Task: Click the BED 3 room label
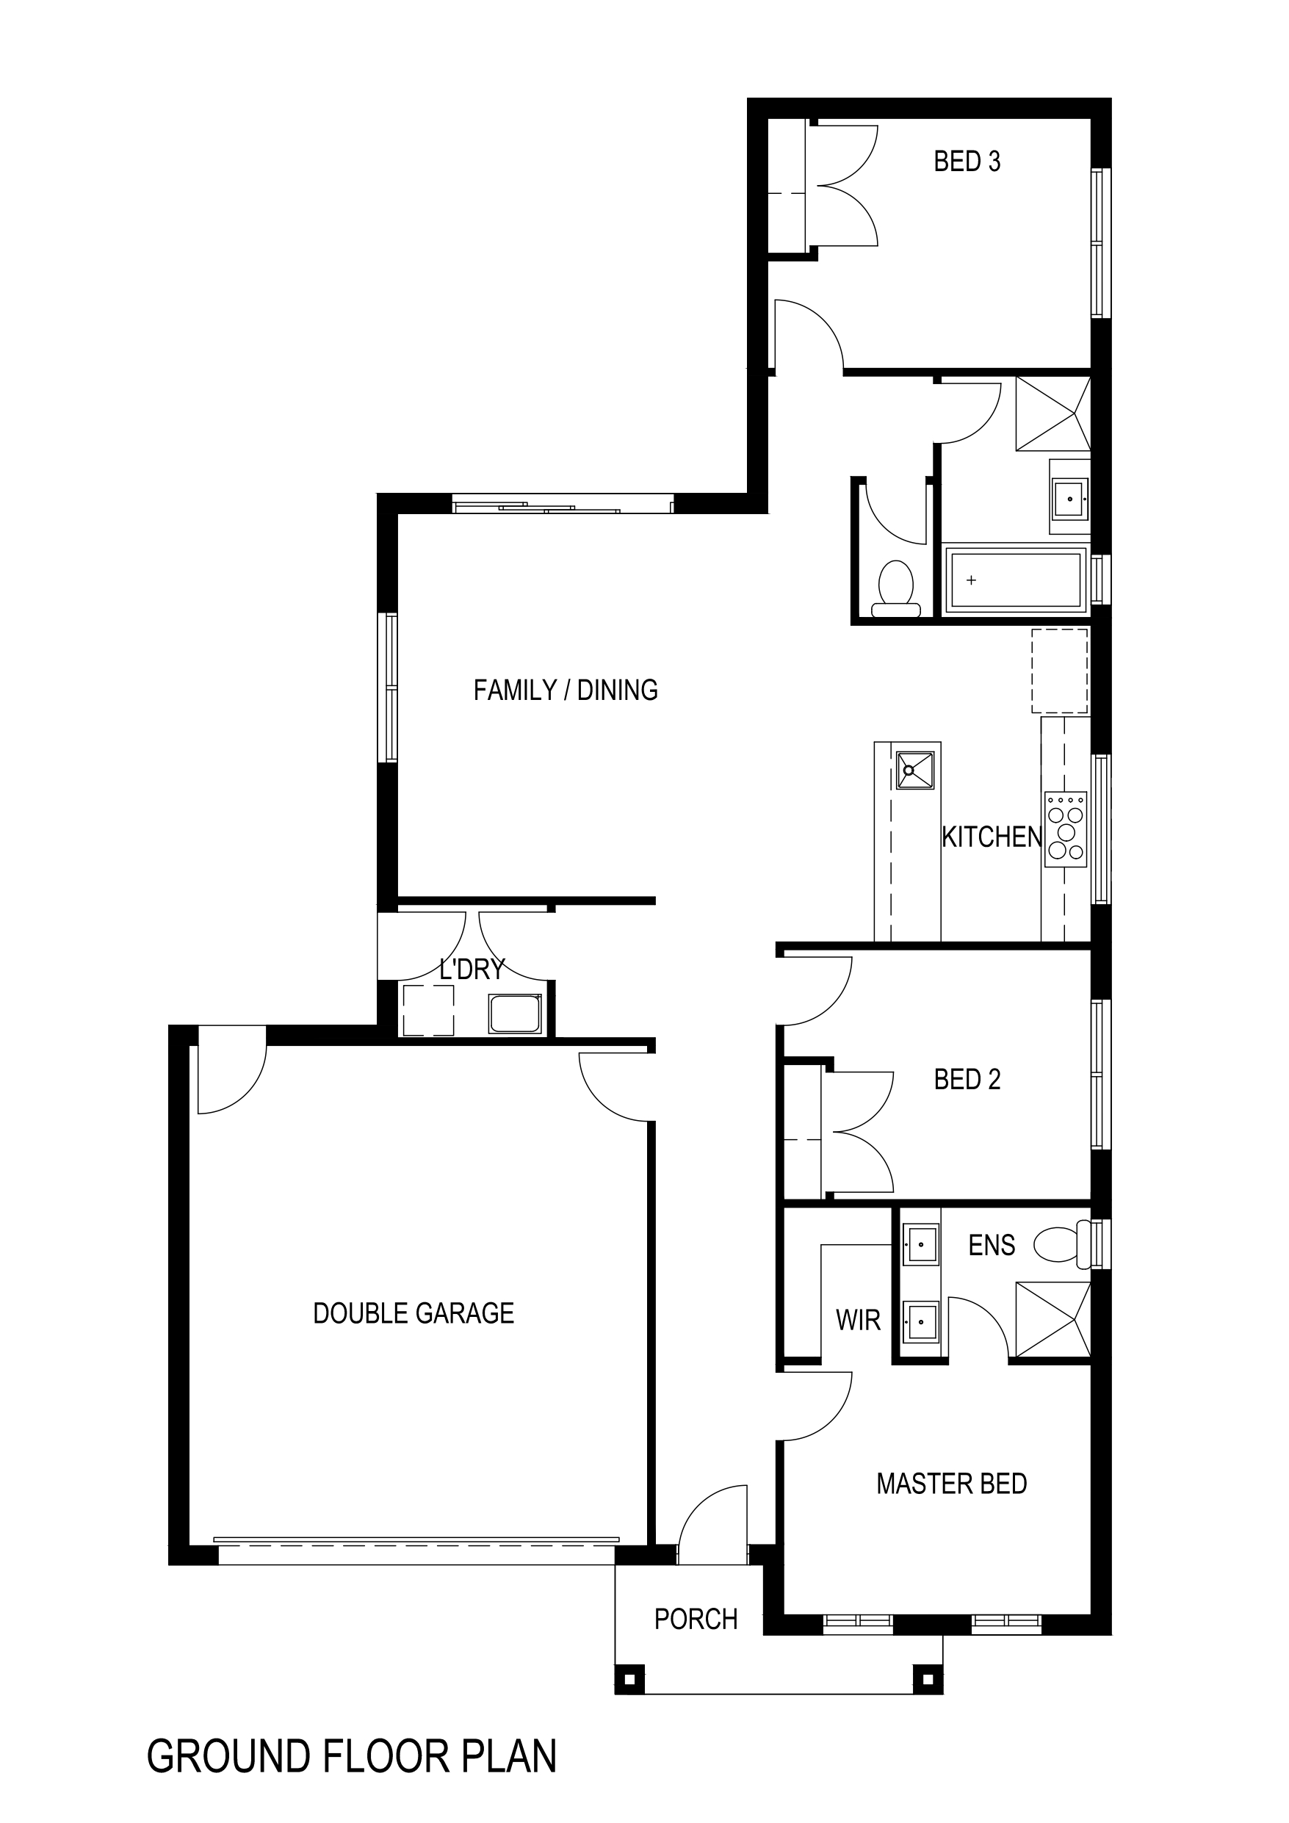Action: pos(967,162)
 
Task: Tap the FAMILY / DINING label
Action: pos(566,690)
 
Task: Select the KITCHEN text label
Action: pos(992,837)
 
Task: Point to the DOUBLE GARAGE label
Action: pos(414,1313)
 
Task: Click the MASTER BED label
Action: pos(951,1484)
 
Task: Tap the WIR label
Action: pos(858,1321)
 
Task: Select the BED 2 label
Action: pos(967,1080)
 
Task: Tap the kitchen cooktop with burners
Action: pos(1066,829)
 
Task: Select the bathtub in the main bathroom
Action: pos(1015,580)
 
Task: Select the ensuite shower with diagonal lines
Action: pos(1053,1320)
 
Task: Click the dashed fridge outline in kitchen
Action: pos(1059,671)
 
